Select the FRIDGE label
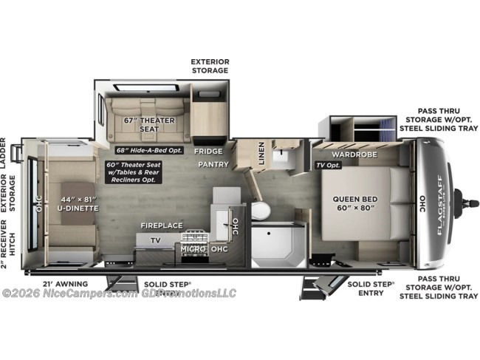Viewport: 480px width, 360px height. click(208, 151)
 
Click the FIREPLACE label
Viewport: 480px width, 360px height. click(162, 225)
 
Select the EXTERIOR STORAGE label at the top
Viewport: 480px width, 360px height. click(210, 65)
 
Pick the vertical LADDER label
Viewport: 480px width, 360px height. click(4, 153)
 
